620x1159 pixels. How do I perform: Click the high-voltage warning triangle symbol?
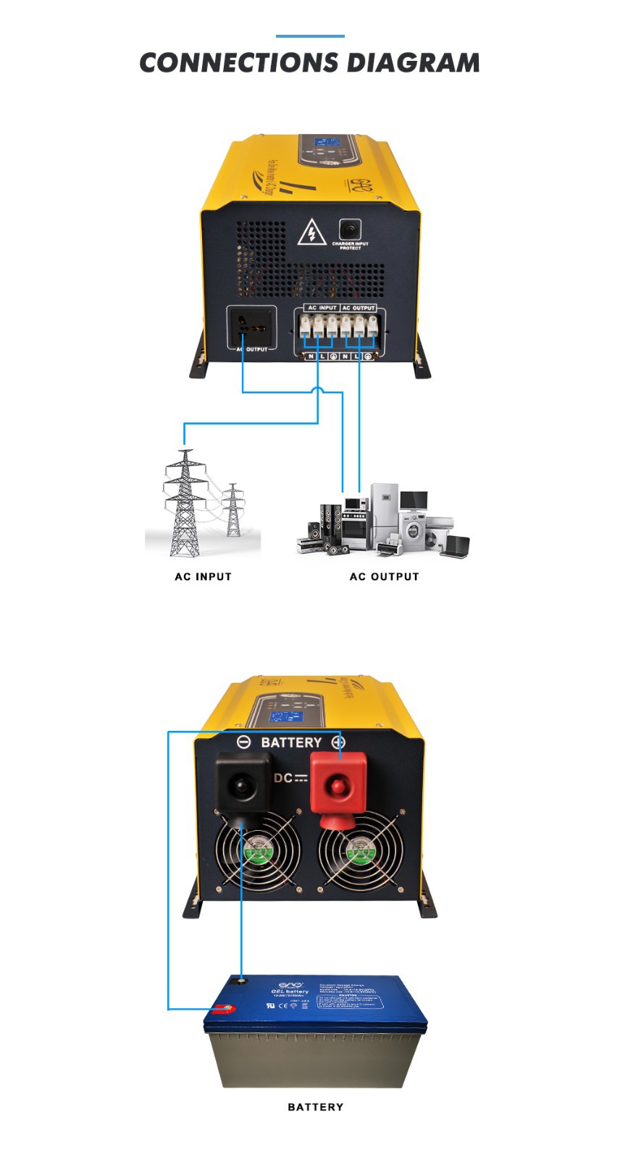click(x=312, y=233)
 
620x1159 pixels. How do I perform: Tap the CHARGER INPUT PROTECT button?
click(x=350, y=230)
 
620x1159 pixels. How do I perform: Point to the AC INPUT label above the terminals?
click(x=322, y=308)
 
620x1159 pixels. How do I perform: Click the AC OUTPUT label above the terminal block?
click(x=359, y=308)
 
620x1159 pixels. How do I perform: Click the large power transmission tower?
click(x=185, y=503)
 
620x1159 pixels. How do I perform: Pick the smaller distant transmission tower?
click(x=233, y=510)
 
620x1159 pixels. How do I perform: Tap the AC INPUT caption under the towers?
click(x=203, y=577)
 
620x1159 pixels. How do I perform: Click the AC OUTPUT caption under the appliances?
click(x=384, y=577)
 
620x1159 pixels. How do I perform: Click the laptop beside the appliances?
click(x=455, y=546)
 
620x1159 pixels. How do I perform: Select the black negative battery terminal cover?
click(x=243, y=784)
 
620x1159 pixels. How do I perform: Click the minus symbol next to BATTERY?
click(x=244, y=742)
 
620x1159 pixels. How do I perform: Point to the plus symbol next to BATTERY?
click(x=338, y=742)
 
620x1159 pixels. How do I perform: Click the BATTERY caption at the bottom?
click(x=315, y=1107)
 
